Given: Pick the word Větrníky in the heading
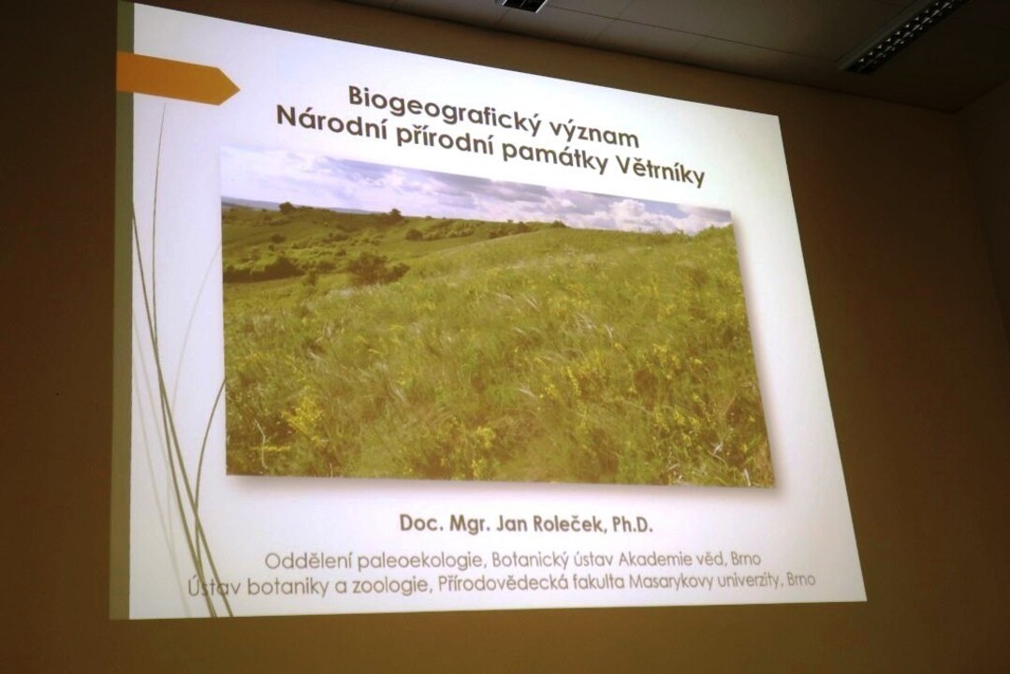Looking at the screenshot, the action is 661,171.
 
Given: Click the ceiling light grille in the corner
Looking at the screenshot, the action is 904,33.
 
